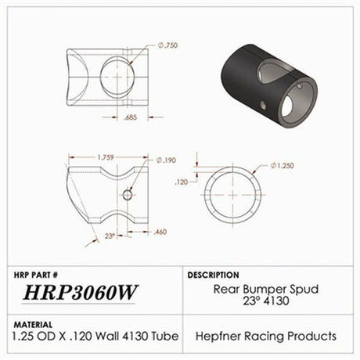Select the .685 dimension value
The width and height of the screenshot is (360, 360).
(132, 117)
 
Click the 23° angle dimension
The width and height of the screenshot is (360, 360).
(110, 235)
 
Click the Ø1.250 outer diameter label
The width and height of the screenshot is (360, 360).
(286, 166)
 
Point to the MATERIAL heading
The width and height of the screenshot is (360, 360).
(34, 322)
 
